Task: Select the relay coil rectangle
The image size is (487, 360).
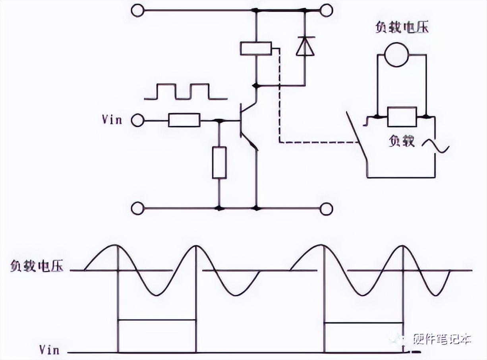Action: click(256, 49)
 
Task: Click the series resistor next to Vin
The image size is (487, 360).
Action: click(184, 120)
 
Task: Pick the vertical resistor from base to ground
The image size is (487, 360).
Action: click(219, 162)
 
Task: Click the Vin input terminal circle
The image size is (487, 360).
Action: click(137, 120)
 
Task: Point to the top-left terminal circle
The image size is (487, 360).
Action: click(137, 10)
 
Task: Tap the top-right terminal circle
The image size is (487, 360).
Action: click(327, 10)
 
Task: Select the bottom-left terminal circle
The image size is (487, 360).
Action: click(137, 208)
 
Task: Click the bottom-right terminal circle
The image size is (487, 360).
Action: click(327, 208)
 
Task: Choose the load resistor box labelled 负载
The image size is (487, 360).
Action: click(402, 117)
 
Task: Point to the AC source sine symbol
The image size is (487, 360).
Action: click(436, 147)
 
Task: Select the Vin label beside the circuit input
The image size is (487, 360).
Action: click(112, 120)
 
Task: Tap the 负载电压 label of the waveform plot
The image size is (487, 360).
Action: click(37, 267)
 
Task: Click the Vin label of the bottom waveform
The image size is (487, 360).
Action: click(50, 350)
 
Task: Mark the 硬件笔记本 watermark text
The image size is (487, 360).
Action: click(442, 339)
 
